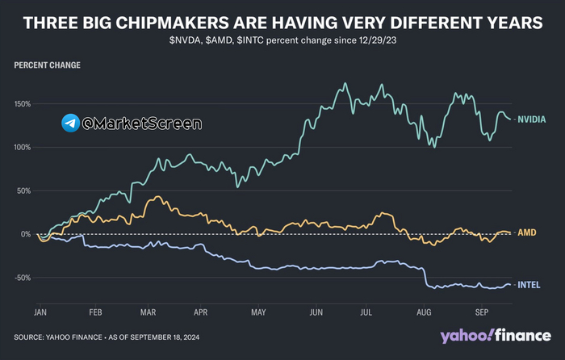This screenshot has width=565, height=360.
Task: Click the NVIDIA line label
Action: [531, 119]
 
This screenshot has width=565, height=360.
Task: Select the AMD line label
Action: [526, 232]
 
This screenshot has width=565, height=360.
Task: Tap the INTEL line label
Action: [529, 284]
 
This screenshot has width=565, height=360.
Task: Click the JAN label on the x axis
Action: [40, 311]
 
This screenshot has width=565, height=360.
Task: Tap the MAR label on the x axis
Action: [148, 311]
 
